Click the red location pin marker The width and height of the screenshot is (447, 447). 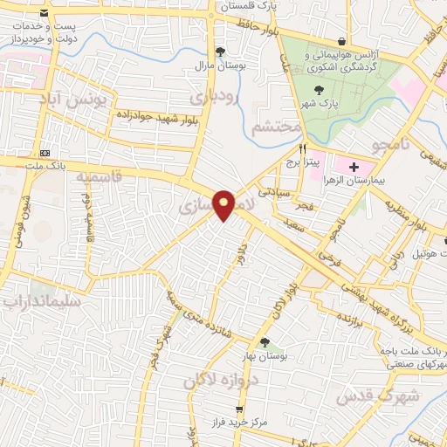tap(224, 204)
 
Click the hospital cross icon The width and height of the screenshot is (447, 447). tap(354, 166)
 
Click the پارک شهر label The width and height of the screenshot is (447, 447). tap(318, 103)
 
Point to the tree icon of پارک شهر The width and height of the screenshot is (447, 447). tap(319, 87)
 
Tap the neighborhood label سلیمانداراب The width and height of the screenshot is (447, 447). tap(41, 302)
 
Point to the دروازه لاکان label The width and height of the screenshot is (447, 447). tap(215, 380)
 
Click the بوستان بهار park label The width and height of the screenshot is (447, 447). tap(265, 357)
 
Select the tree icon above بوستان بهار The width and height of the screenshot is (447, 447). tap(265, 342)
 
